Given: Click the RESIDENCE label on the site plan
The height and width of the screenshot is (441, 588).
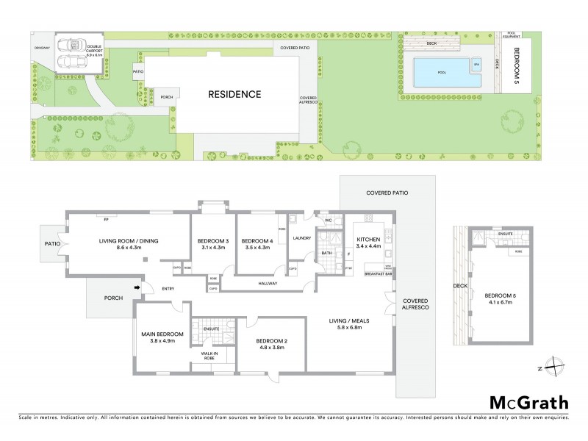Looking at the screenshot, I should point(234,94).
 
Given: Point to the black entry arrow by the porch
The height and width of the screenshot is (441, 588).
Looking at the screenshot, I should point(137,287).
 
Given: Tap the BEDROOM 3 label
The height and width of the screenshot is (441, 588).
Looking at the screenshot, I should point(213,240).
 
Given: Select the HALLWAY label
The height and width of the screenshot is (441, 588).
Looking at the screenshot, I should point(267,282).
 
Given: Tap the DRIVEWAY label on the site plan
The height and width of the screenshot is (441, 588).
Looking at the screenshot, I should point(41,48).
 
